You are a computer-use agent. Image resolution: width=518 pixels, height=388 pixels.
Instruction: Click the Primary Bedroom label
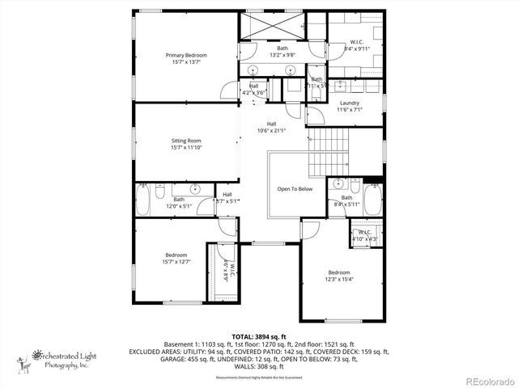pos(186,55)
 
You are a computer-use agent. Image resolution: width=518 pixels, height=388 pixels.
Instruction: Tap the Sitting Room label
pos(186,141)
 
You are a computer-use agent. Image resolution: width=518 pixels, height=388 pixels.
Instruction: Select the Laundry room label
pos(350,103)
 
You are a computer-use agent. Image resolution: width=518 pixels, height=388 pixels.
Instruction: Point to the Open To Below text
pos(295,188)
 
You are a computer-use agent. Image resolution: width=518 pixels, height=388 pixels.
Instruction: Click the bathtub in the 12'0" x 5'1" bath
pos(144,199)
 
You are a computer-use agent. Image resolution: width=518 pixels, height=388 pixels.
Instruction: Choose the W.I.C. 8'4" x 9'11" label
pos(356,45)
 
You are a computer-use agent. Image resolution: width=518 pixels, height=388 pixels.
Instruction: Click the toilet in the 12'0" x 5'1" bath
pos(160,193)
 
